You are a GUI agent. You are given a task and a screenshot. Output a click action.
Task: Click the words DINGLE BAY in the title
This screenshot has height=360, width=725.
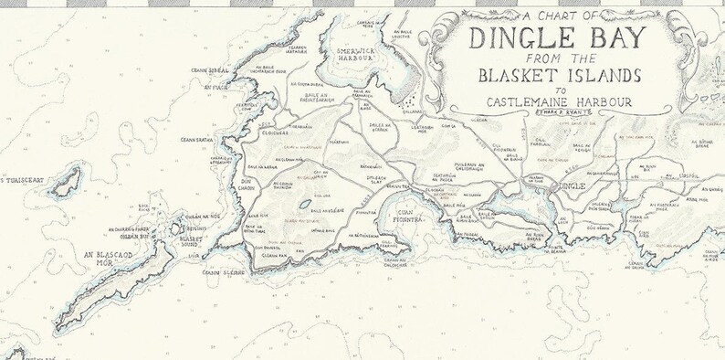pyautogui.click(x=556, y=39)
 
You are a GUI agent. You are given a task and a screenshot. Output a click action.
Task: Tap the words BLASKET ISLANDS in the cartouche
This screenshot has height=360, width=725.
pyautogui.click(x=556, y=75)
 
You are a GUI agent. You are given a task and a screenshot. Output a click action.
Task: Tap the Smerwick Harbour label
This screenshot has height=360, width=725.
pyautogui.click(x=354, y=56)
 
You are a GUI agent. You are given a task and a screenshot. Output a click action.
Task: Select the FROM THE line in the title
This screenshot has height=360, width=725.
pyautogui.click(x=554, y=58)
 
